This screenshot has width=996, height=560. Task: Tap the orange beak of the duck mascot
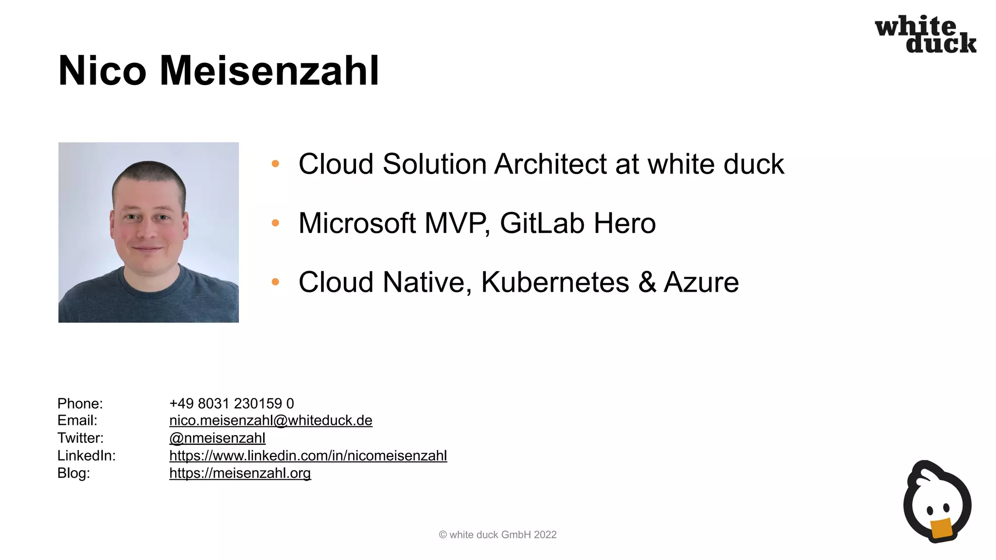click(x=942, y=529)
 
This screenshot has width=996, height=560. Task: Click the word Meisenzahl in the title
click(x=269, y=71)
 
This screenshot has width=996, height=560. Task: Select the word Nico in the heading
click(x=102, y=71)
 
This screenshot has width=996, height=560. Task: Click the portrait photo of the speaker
click(x=148, y=232)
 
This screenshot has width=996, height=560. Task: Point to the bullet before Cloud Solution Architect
click(x=275, y=164)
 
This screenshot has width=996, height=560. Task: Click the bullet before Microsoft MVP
click(x=275, y=223)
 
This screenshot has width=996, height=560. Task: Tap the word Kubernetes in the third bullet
click(x=555, y=282)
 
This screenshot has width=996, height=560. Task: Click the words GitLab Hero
click(x=577, y=223)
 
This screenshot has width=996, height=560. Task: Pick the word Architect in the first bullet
click(x=550, y=164)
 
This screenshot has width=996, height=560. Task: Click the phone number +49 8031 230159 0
click(x=231, y=403)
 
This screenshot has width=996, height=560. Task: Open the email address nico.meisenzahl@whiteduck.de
click(x=270, y=420)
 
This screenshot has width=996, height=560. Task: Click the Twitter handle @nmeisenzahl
click(x=217, y=438)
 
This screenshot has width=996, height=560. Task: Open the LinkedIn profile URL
click(x=308, y=455)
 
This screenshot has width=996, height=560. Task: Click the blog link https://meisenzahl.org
click(x=240, y=473)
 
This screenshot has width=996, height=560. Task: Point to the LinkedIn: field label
click(x=87, y=455)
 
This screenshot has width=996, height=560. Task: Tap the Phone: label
click(x=80, y=403)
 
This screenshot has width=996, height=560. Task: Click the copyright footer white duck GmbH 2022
click(x=498, y=535)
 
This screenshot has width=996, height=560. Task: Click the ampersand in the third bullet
click(x=647, y=282)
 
